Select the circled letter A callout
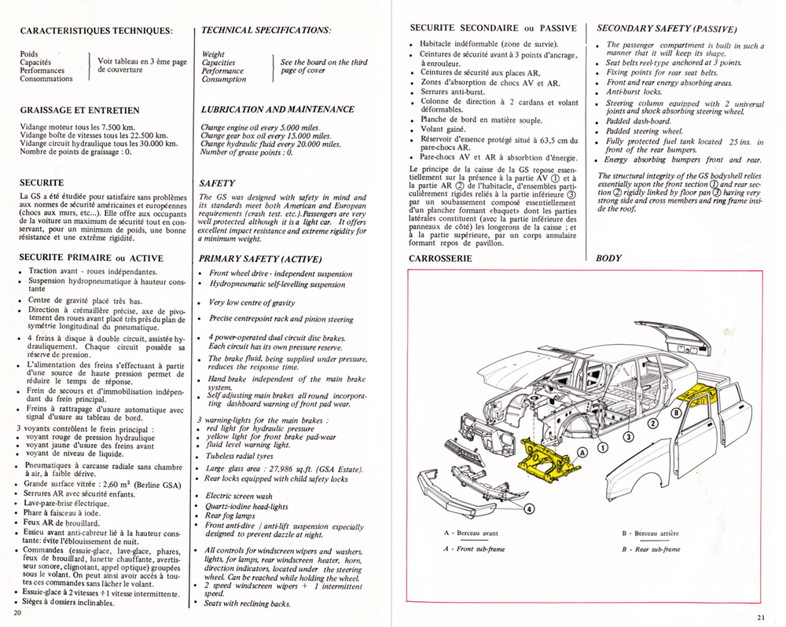pyautogui.click(x=582, y=453)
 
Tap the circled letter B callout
pyautogui.click(x=675, y=412)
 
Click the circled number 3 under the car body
pyautogui.click(x=628, y=437)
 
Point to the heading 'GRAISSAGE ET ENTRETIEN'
pyautogui.click(x=79, y=111)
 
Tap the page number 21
pyautogui.click(x=760, y=616)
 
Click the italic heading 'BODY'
pyautogui.click(x=608, y=258)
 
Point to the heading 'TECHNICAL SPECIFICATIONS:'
pyautogui.click(x=266, y=30)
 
